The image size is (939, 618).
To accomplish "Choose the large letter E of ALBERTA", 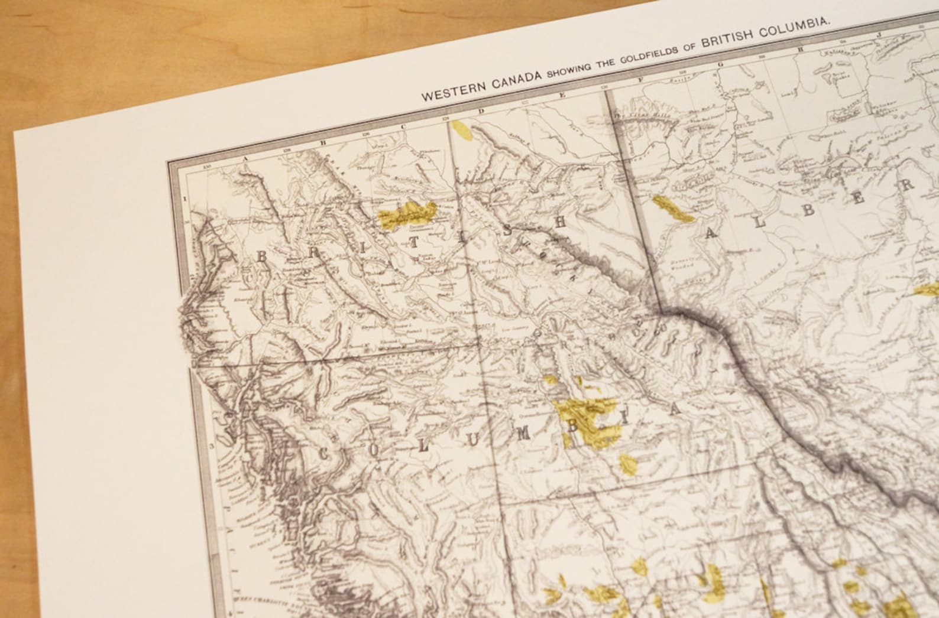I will (x=860, y=201).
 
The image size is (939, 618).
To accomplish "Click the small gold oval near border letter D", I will (x=462, y=130).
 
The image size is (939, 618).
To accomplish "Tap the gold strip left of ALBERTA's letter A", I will (x=672, y=208).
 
